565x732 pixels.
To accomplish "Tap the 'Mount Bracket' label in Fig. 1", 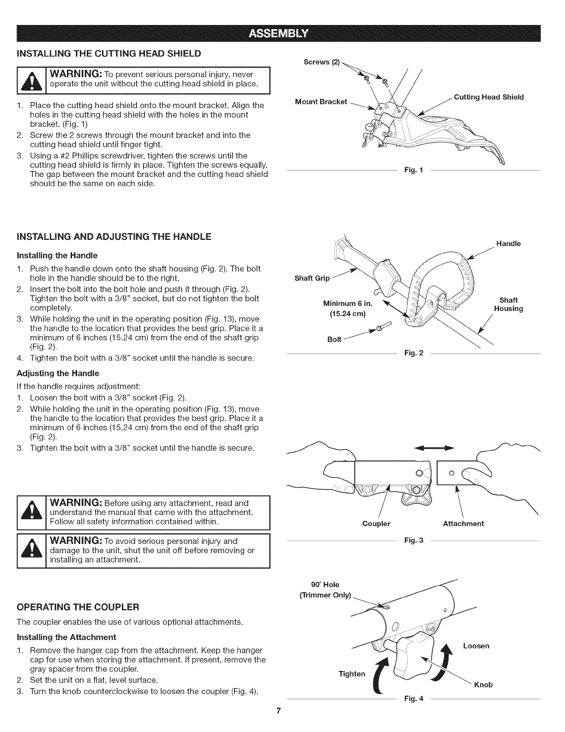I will pos(321,102).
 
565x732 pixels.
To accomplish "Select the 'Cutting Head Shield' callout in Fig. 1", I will pos(489,97).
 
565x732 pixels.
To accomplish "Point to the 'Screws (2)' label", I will pos(316,62).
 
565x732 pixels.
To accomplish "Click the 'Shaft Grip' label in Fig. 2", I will pos(312,278).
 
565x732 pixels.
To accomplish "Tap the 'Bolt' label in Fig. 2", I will pos(334,339).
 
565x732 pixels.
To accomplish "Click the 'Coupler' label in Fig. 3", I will pos(376,524).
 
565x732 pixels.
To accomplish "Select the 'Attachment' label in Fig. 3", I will pos(463,524).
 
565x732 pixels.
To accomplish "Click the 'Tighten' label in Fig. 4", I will pos(352,673).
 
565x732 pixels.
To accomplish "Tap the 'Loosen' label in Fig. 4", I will pos(476,646).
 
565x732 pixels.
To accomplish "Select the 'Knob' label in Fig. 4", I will pos(483,684).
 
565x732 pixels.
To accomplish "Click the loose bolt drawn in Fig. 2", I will pos(381,327).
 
